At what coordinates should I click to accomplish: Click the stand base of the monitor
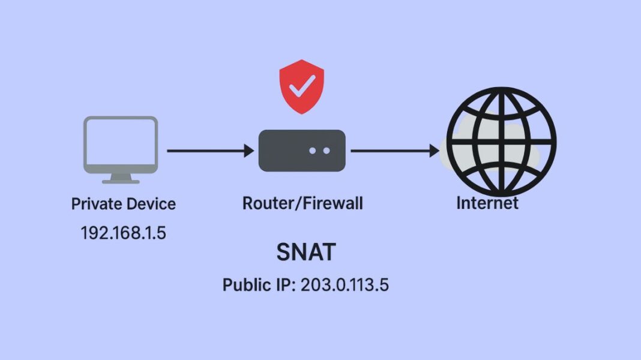pyautogui.click(x=121, y=180)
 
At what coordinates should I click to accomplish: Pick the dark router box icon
pyautogui.click(x=302, y=151)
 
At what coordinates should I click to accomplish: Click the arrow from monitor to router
pyautogui.click(x=209, y=151)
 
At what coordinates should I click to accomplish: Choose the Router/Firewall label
pyautogui.click(x=302, y=204)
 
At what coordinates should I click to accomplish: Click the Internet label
pyautogui.click(x=487, y=203)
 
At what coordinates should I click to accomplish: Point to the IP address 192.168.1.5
pyautogui.click(x=123, y=233)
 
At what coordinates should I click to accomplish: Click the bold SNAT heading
pyautogui.click(x=305, y=253)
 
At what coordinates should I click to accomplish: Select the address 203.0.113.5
pyautogui.click(x=345, y=284)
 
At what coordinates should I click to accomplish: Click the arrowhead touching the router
pyautogui.click(x=248, y=151)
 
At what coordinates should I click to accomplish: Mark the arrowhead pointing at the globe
pyautogui.click(x=434, y=151)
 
